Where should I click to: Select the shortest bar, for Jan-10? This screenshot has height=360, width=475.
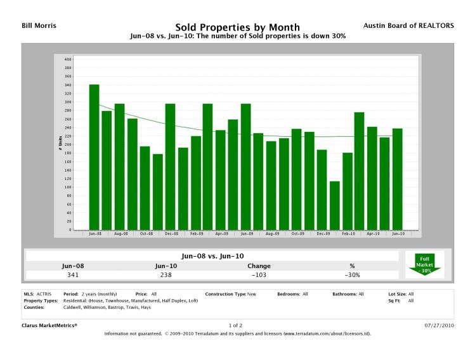[334, 205]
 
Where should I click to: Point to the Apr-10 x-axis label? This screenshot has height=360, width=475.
[372, 234]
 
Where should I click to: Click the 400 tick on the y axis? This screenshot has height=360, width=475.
[67, 59]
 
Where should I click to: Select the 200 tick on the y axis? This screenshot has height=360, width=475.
[67, 145]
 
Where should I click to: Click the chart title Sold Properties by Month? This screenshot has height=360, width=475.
[237, 27]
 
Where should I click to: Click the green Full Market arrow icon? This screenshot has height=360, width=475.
[424, 264]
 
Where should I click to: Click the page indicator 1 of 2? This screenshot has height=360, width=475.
[237, 325]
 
